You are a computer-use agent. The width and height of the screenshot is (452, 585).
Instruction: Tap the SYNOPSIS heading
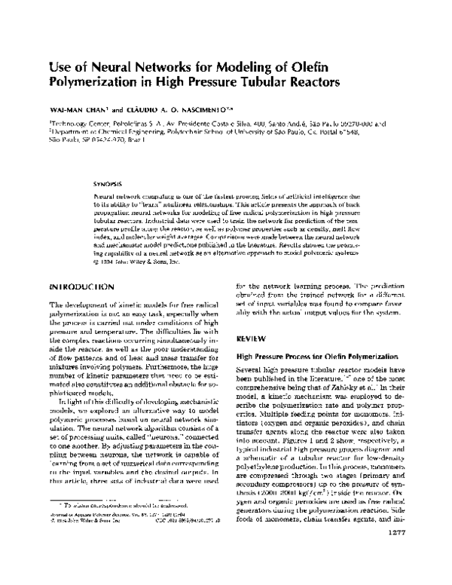tap(106, 183)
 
